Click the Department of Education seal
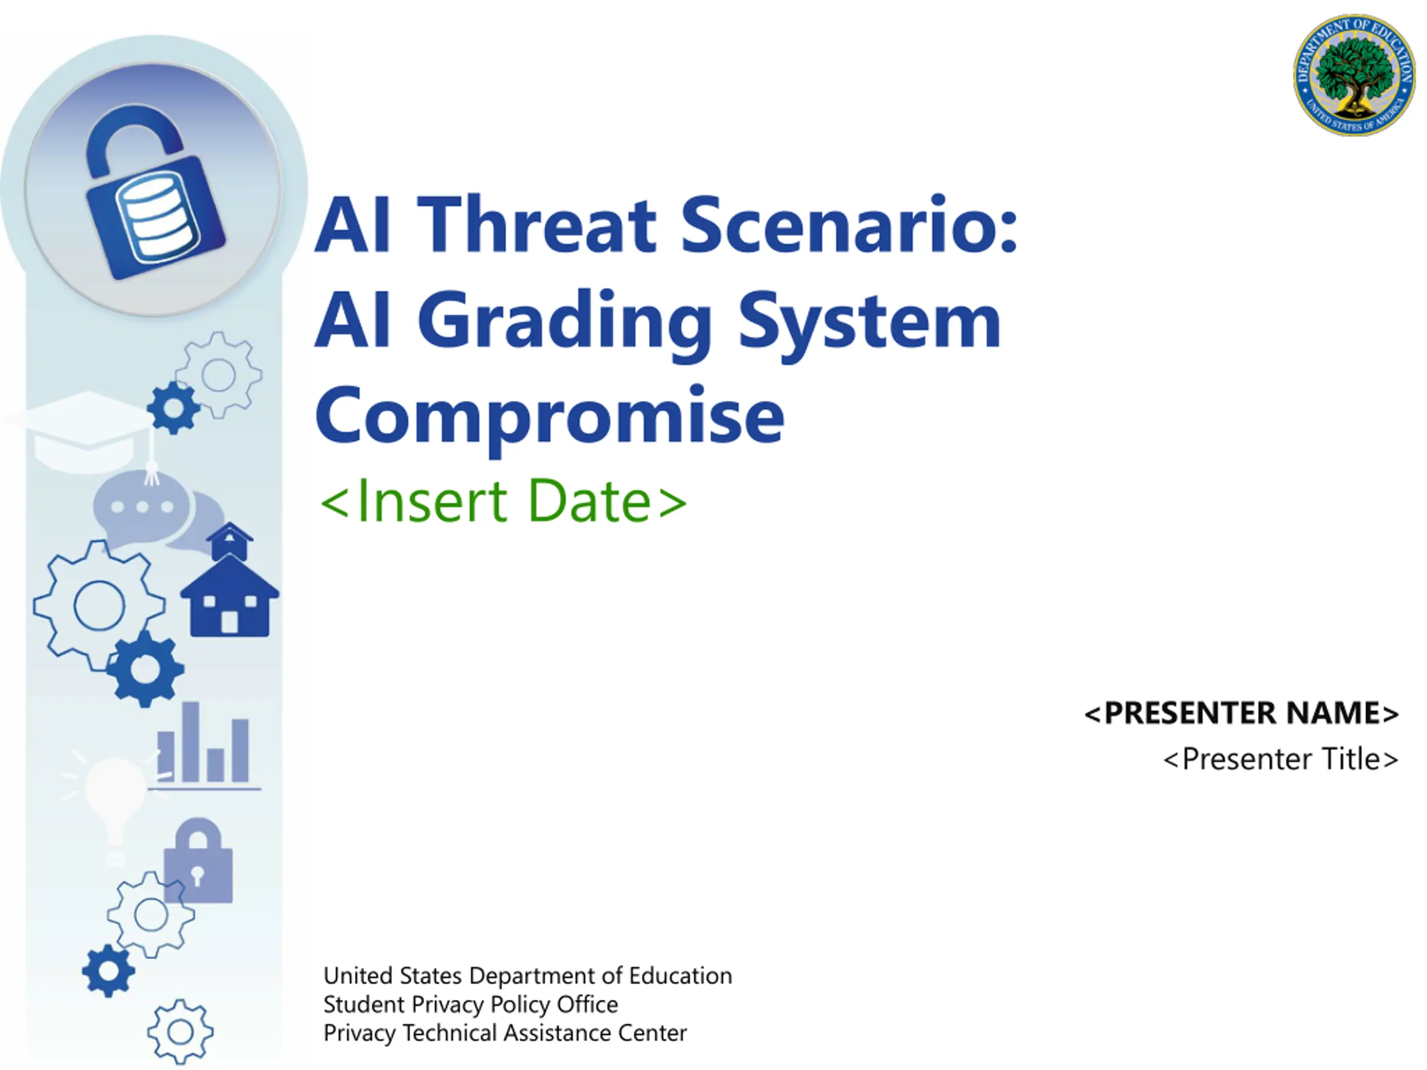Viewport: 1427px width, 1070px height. coord(1353,75)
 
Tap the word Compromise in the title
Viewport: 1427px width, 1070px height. coord(550,419)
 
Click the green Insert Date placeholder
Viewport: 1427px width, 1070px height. coord(504,500)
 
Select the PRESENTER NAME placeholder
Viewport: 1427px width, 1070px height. coord(1241,713)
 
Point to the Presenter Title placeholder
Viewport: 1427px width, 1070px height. coord(1280,759)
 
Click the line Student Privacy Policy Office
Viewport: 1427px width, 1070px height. coord(470,1004)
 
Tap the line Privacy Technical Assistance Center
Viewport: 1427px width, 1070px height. coord(505,1033)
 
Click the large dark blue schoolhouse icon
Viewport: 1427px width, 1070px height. coord(230,597)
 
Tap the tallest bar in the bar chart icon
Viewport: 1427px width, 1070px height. coord(190,742)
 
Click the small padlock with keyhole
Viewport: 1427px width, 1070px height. coord(198,861)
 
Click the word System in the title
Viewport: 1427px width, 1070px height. coord(869,321)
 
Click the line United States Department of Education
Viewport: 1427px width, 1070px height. coord(528,976)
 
